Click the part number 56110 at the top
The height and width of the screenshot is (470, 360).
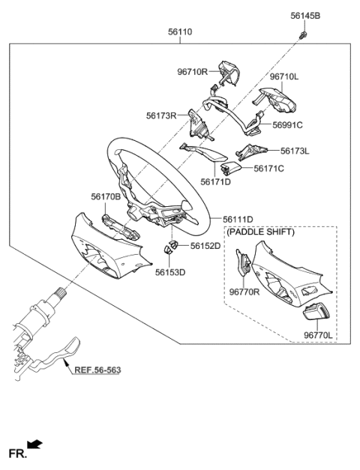tap(180, 32)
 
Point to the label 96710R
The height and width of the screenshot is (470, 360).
tap(192, 73)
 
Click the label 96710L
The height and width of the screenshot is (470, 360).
tap(284, 76)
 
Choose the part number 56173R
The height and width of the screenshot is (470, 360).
tap(161, 116)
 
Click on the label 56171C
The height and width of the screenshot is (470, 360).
tap(268, 169)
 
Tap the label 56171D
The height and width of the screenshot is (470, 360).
tap(215, 181)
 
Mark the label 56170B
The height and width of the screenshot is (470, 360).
tap(106, 196)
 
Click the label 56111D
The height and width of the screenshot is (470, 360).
tap(238, 219)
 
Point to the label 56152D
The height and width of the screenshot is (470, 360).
tap(205, 245)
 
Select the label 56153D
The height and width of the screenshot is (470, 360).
tap(171, 272)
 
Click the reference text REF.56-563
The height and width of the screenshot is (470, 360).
tap(97, 370)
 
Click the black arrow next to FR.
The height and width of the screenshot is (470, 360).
tap(34, 445)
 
